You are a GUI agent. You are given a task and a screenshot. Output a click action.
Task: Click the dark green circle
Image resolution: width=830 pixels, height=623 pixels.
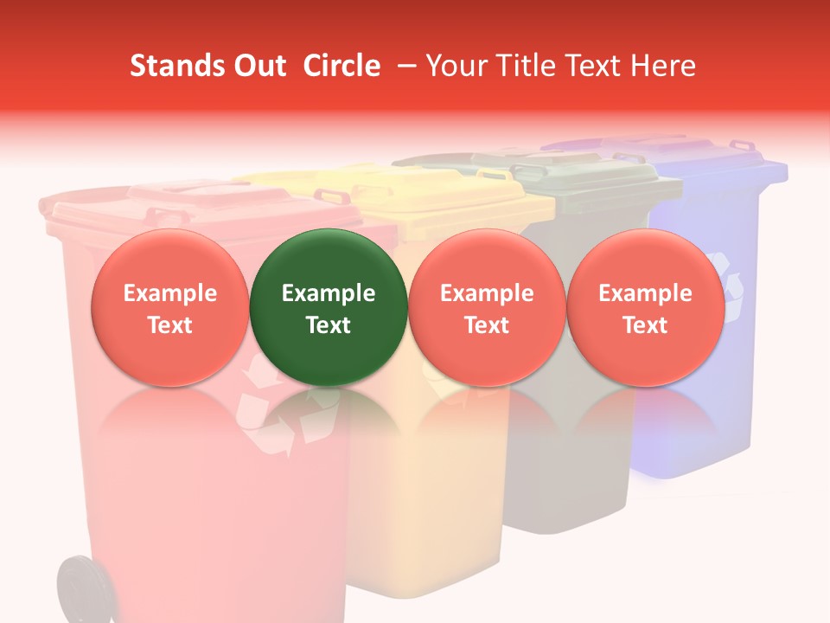[329, 307]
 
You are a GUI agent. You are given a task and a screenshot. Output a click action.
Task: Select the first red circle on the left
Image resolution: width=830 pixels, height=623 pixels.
[169, 307]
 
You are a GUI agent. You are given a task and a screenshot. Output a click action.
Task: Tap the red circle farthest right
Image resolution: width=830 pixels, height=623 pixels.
[645, 307]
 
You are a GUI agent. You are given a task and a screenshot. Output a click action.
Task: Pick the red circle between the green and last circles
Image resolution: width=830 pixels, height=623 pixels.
[487, 307]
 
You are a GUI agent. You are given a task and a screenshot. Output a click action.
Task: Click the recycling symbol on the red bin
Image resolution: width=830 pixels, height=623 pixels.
[268, 407]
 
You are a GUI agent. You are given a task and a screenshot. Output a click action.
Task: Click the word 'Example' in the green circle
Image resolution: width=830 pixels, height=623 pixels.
[329, 293]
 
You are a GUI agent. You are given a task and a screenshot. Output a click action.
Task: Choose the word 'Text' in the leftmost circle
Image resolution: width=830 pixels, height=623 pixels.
[169, 325]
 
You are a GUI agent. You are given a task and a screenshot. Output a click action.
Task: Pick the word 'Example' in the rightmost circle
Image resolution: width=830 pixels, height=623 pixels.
[645, 293]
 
